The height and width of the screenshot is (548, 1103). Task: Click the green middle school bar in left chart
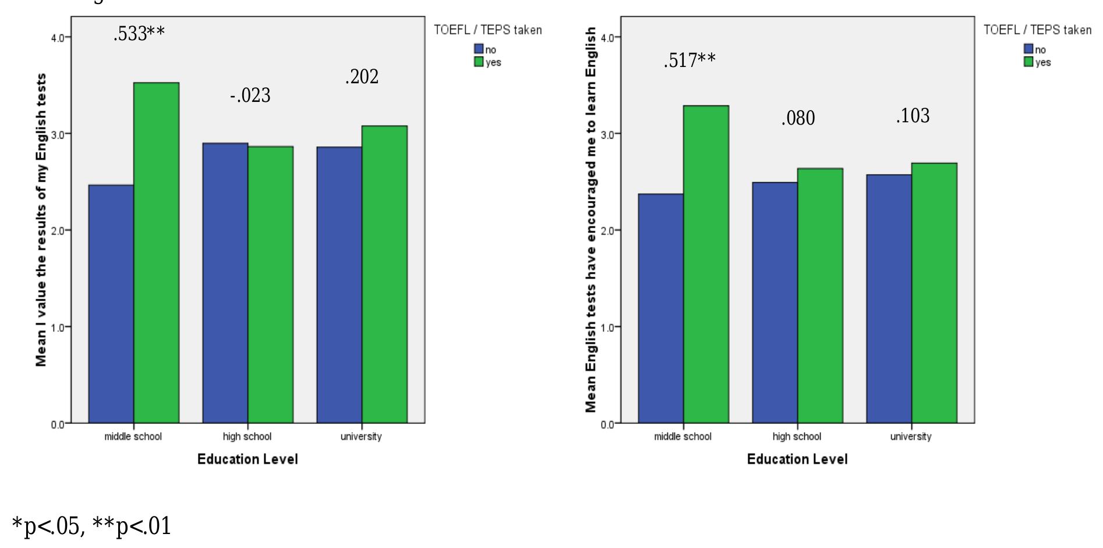156,253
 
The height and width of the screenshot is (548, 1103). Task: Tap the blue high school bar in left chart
225,283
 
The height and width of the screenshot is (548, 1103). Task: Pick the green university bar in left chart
384,274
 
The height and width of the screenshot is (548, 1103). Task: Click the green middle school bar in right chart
706,264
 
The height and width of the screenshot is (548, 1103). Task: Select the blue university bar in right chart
889,299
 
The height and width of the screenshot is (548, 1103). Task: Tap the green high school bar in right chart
820,296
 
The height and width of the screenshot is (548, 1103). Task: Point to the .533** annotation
139,34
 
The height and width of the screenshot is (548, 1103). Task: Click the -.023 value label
250,96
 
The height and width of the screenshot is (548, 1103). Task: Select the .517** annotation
690,60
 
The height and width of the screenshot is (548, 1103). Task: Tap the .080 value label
798,118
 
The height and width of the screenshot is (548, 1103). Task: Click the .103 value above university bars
913,116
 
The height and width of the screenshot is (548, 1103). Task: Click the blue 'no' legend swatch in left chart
479,50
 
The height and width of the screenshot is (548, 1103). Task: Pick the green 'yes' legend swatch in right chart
1028,62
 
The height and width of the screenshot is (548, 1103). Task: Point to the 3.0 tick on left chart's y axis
58,134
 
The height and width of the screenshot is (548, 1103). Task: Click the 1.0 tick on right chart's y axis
608,327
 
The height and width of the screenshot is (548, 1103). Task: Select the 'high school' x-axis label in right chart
797,437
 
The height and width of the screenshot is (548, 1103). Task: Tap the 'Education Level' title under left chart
248,459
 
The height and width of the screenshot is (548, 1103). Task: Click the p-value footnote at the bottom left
91,526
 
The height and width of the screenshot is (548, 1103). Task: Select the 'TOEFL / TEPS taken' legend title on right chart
1037,30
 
